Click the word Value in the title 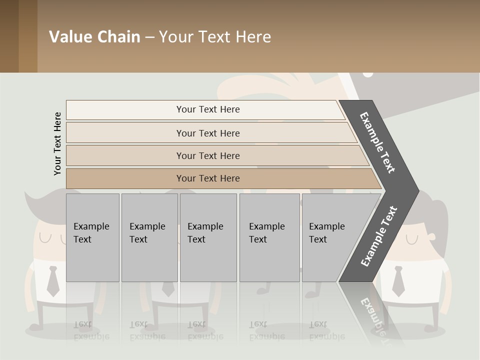69,37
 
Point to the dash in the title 149,37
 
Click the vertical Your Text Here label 57,143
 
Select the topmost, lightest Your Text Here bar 208,109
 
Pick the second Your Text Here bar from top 208,133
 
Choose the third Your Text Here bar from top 208,155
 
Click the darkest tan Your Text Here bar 208,178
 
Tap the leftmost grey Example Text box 92,237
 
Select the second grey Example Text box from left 149,237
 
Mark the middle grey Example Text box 208,237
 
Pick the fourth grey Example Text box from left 269,237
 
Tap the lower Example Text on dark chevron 378,236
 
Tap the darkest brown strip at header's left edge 9,36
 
